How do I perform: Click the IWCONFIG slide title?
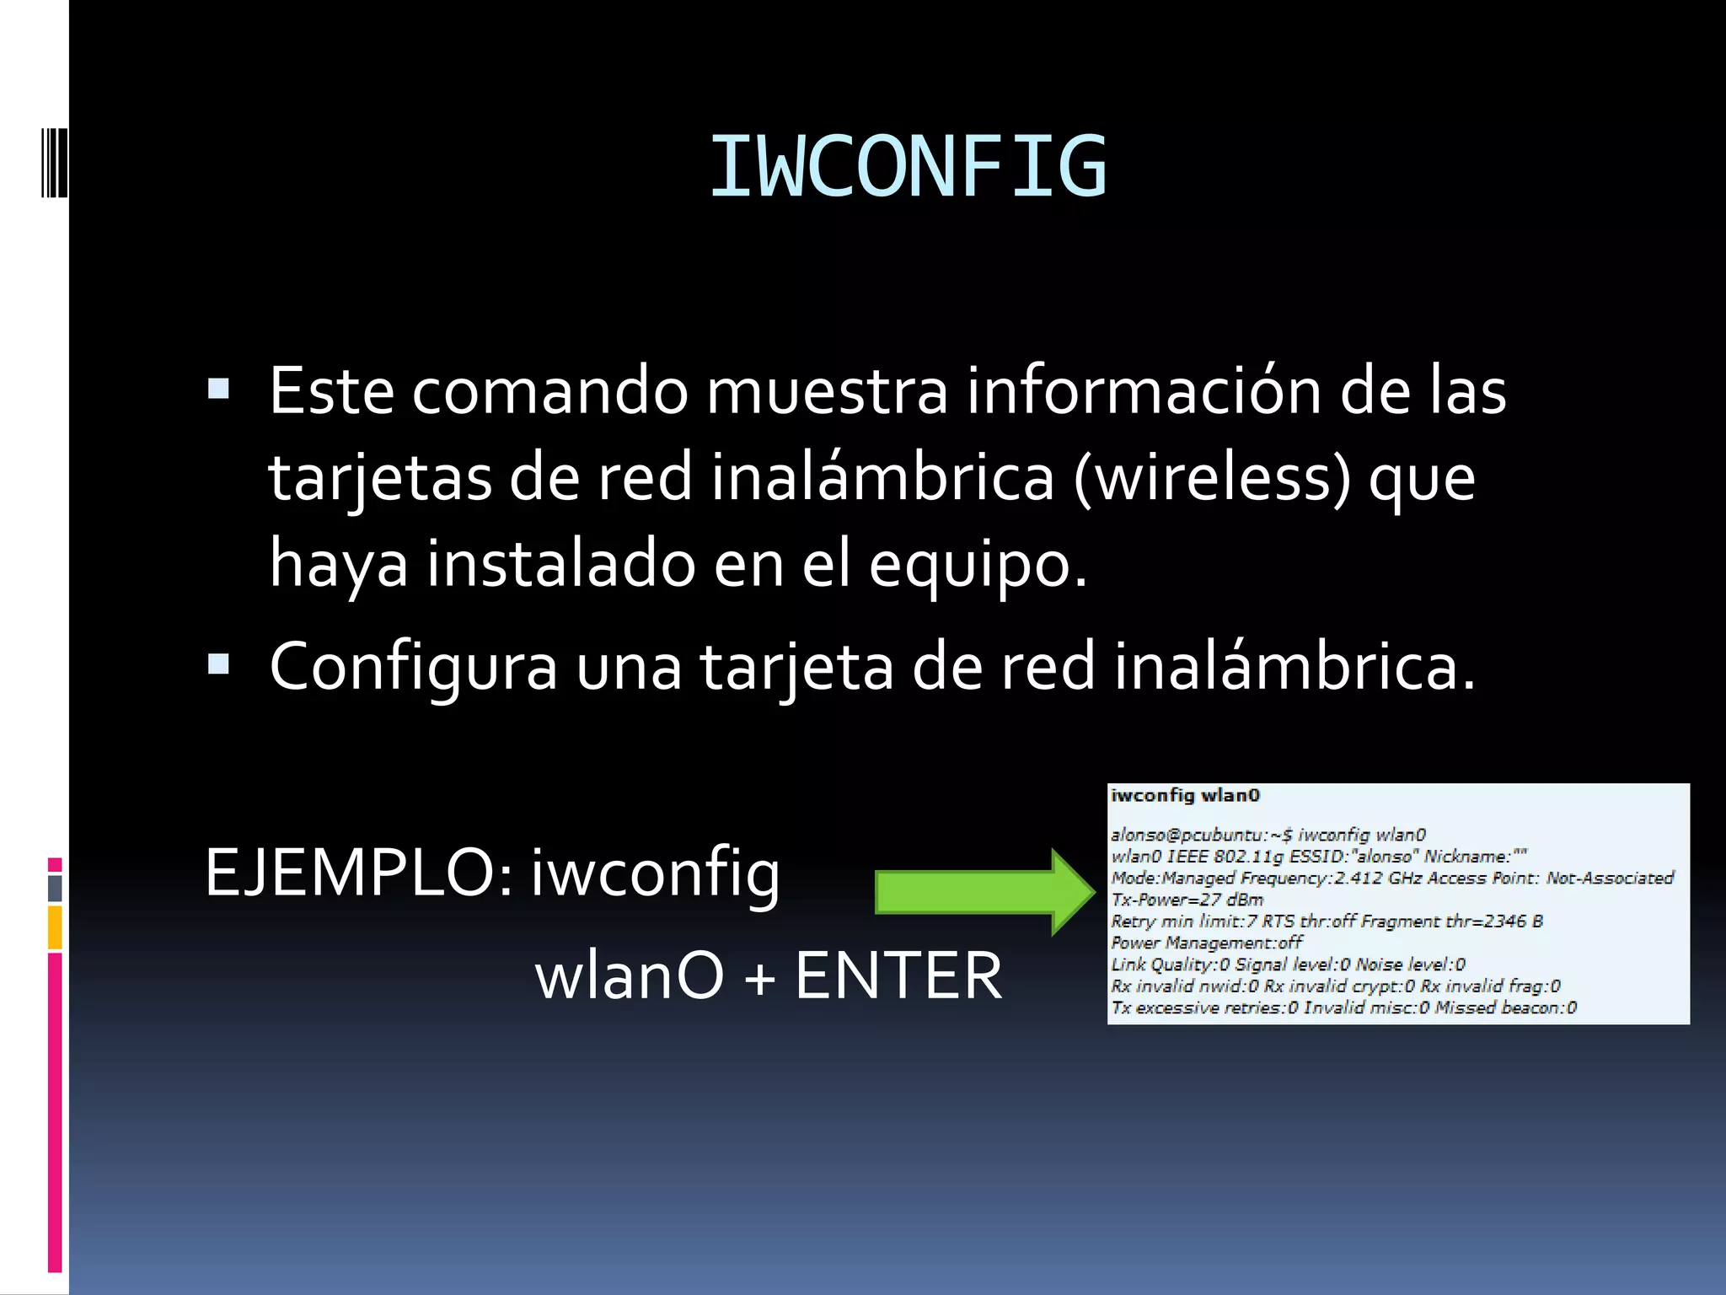pyautogui.click(x=908, y=167)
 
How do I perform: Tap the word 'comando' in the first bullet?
pyautogui.click(x=549, y=391)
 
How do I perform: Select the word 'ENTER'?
pyautogui.click(x=898, y=975)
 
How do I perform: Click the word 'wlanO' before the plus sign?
pyautogui.click(x=629, y=975)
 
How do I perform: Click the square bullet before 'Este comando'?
pyautogui.click(x=218, y=389)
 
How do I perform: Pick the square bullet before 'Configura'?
pyautogui.click(x=218, y=664)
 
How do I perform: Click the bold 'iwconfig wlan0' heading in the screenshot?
pyautogui.click(x=1185, y=795)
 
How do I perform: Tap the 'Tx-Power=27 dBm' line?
pyautogui.click(x=1187, y=900)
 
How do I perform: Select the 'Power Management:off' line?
pyautogui.click(x=1206, y=943)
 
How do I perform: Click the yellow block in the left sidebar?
pyautogui.click(x=55, y=927)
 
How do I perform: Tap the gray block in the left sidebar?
pyautogui.click(x=55, y=889)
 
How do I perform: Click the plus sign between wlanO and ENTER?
pyautogui.click(x=759, y=978)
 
